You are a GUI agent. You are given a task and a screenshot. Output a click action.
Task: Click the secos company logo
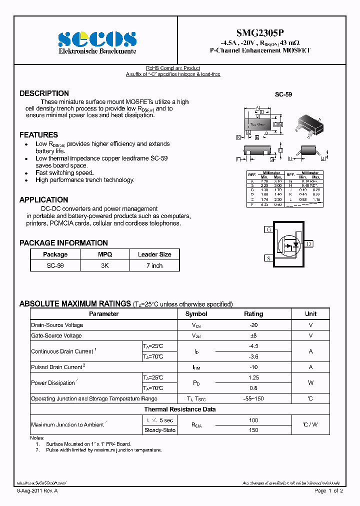[x=97, y=39]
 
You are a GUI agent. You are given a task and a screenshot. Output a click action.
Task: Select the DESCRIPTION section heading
[x=44, y=93]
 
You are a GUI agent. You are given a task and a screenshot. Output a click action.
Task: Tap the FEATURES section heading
[x=38, y=135]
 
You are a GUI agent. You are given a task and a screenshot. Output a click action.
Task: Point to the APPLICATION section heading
[x=43, y=200]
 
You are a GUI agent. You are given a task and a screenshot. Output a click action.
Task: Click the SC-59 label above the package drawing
[x=283, y=94]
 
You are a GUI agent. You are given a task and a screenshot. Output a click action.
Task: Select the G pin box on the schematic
[x=268, y=229]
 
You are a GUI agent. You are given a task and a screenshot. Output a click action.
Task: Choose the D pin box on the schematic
[x=309, y=244]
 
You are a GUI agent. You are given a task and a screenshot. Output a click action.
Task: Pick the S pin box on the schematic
[x=268, y=258]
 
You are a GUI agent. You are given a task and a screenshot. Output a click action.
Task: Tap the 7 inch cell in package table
[x=154, y=265]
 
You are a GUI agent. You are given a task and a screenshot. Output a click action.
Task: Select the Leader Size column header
[x=154, y=254]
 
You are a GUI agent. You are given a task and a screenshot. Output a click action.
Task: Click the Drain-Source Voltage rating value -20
[x=253, y=325]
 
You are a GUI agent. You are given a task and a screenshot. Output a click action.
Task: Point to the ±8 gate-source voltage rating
[x=253, y=335]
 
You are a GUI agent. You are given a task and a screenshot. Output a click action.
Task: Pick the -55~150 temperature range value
[x=253, y=398]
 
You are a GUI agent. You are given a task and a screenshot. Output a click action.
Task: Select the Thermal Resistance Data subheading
[x=180, y=409]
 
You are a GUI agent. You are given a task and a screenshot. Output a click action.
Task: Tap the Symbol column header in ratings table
[x=196, y=314]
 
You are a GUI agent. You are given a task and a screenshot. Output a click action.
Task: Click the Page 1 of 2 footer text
[x=328, y=491]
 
